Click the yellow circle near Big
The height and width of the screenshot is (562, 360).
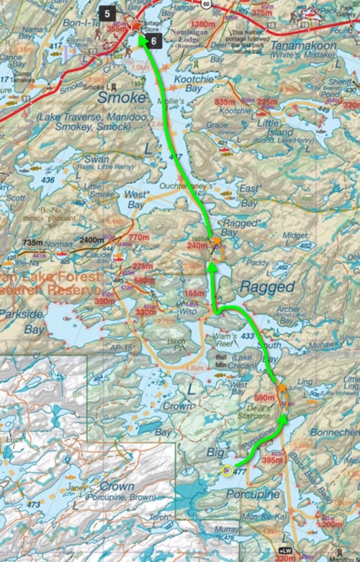(228, 471)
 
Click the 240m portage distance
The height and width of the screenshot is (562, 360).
(197, 245)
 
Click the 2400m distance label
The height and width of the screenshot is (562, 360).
(92, 240)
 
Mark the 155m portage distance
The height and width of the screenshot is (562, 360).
(194, 294)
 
